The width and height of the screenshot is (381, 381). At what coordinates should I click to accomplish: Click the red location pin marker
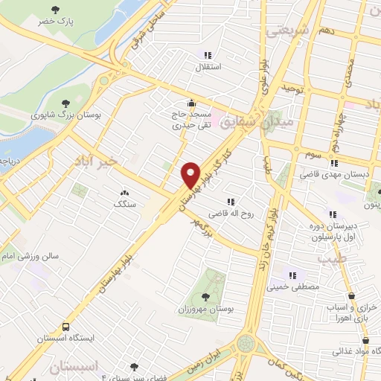pos(190,174)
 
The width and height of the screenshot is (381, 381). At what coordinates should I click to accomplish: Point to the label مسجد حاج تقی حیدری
pos(191,120)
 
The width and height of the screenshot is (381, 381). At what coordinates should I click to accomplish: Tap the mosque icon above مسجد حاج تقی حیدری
pos(192,103)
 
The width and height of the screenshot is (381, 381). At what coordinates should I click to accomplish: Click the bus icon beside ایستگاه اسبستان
pos(66,326)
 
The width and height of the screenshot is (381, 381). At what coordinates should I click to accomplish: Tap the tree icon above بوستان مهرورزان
pos(205,296)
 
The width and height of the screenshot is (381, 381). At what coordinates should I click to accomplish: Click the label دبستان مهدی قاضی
pos(334,173)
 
